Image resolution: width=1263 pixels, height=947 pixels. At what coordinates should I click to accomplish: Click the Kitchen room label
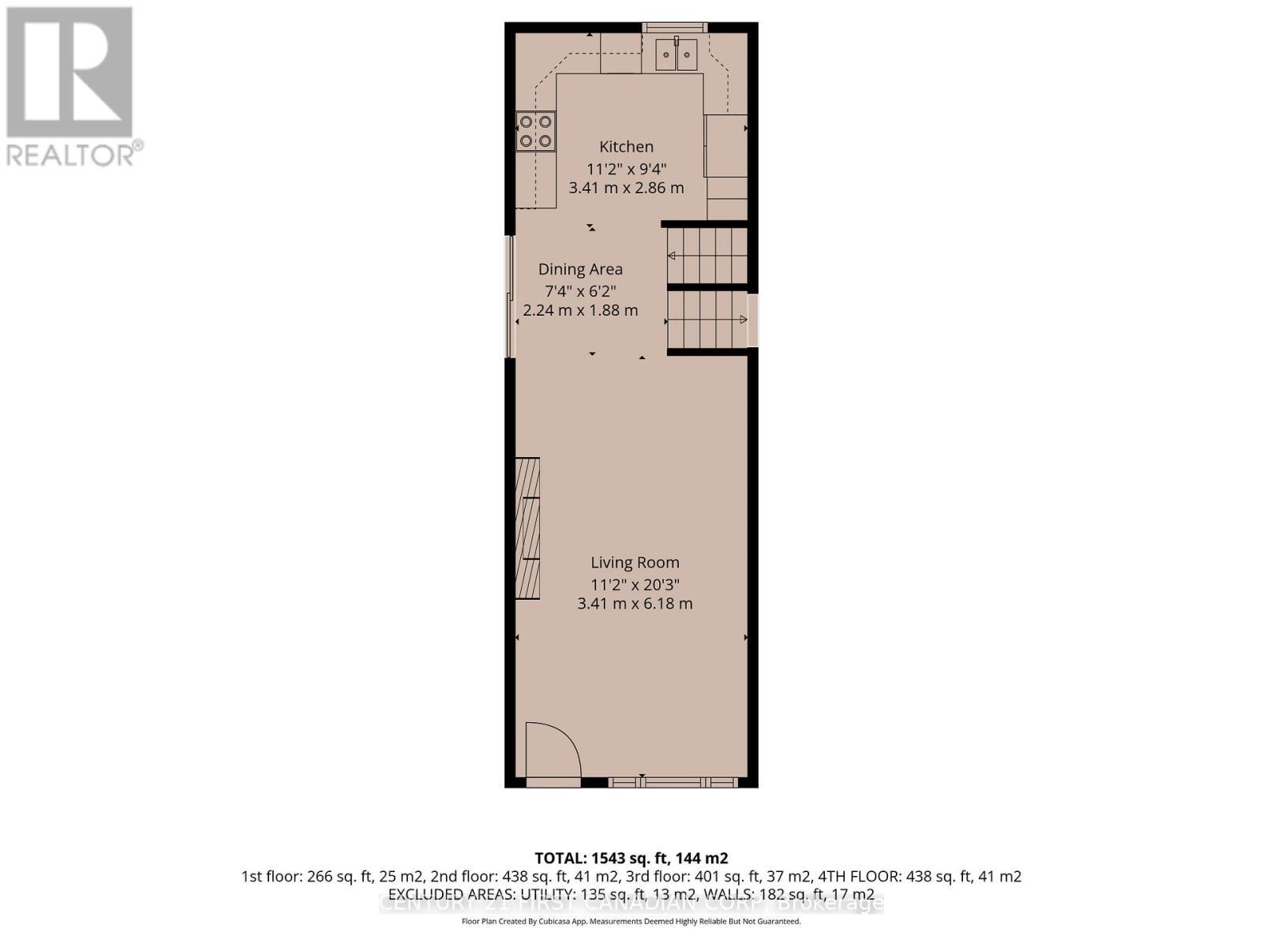[x=626, y=147]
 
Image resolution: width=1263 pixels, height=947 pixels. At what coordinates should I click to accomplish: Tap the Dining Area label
[x=580, y=269]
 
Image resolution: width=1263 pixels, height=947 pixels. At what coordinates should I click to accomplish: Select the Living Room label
[x=635, y=563]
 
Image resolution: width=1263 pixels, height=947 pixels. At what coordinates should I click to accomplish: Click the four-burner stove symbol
[x=535, y=131]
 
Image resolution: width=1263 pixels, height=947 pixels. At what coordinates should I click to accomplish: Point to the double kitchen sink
[x=676, y=54]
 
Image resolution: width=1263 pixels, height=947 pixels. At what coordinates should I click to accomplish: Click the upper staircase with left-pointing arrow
[x=706, y=256]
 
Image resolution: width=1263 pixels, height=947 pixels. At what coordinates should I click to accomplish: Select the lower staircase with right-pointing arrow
[x=706, y=320]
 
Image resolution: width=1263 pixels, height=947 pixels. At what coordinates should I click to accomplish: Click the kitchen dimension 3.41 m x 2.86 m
[x=626, y=188]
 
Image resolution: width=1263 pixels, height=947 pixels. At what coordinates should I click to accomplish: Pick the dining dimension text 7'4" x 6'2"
[x=580, y=290]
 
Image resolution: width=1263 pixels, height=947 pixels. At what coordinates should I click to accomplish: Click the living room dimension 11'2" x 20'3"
[x=635, y=585]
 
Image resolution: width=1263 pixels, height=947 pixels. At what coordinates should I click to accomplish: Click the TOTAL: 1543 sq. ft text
[x=631, y=858]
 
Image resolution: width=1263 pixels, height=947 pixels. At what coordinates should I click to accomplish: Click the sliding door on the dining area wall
[x=509, y=296]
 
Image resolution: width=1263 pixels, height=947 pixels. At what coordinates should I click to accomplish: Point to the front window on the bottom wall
[x=673, y=782]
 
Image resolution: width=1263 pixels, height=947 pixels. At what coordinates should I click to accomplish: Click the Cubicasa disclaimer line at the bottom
[x=631, y=921]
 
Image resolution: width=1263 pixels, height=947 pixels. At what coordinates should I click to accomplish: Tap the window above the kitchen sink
[x=675, y=28]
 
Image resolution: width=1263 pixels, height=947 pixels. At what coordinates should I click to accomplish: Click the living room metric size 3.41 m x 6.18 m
[x=635, y=604]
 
